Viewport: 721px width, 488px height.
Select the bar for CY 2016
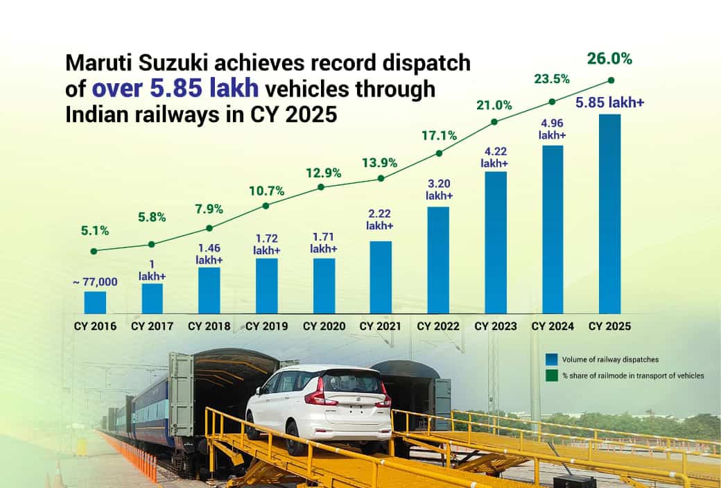pos(95,302)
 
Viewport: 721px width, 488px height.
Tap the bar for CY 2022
pos(438,260)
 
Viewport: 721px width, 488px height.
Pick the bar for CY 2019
pos(266,286)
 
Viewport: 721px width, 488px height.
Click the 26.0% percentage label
pos(609,60)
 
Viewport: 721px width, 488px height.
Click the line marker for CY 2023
pos(494,122)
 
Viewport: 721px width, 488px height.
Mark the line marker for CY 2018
pos(209,227)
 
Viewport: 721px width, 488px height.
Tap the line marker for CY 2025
pos(611,80)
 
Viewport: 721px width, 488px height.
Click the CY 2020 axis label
pos(324,326)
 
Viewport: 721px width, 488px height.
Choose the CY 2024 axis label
pos(553,326)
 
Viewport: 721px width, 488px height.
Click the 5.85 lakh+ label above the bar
pos(611,103)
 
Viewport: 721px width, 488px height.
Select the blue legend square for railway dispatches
pos(551,359)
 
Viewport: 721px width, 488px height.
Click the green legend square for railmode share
pos(551,375)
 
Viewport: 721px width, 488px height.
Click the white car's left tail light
pos(315,394)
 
